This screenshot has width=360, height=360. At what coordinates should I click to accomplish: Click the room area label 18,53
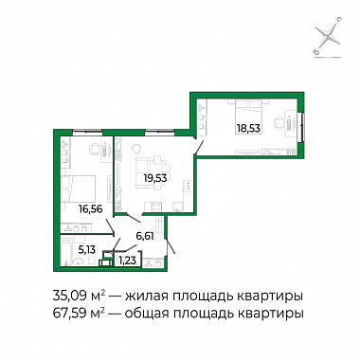250,129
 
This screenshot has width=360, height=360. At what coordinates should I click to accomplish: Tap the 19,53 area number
155,178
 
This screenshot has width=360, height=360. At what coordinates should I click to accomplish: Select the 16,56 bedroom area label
91,209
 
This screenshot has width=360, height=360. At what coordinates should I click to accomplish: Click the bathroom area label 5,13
87,250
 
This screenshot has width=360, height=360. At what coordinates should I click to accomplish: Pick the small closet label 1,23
127,261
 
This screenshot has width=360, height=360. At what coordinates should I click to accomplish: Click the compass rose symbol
328,36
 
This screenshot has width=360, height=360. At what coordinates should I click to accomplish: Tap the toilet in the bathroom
92,261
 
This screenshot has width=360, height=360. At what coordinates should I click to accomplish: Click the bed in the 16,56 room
79,189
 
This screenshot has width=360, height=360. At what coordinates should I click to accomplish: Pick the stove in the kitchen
155,207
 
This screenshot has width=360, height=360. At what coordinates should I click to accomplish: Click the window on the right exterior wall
301,127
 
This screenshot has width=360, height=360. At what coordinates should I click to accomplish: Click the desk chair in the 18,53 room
279,122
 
